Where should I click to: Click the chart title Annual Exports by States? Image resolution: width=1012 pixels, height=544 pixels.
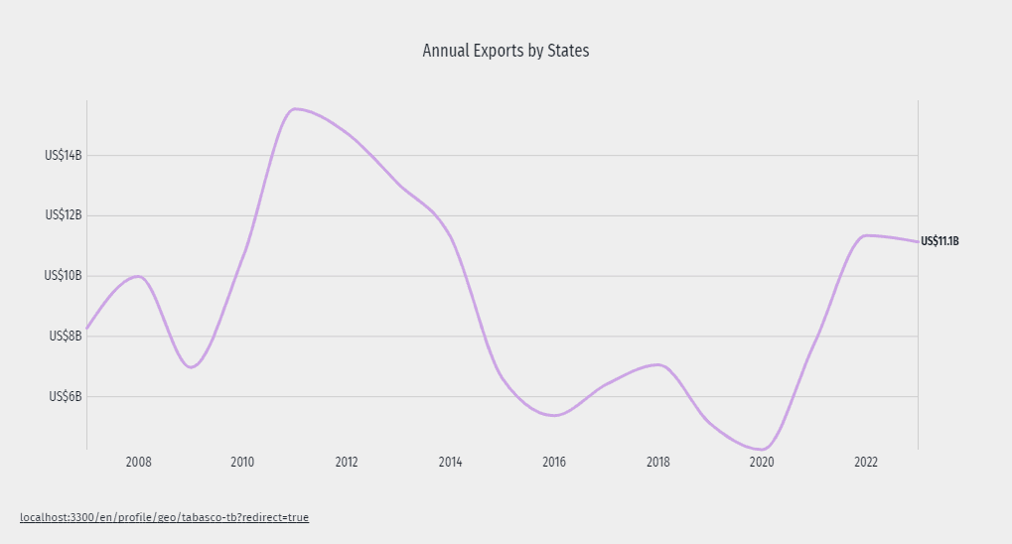pos(506,51)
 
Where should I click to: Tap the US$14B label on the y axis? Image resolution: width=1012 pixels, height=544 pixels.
pos(64,155)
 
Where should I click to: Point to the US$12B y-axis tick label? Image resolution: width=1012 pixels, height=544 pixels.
pos(64,215)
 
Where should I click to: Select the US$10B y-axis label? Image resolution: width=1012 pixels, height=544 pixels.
pos(64,276)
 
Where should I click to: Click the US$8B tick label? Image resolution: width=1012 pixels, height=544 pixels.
pos(66,337)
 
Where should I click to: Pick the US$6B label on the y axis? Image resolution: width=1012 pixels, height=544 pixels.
pos(66,397)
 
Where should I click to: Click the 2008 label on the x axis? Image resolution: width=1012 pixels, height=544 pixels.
pos(139,463)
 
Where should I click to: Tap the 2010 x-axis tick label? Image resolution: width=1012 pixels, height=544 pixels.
pos(242,463)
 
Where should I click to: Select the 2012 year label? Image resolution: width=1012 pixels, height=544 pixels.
pos(347,463)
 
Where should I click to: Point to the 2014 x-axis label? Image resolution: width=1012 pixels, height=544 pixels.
pos(450,463)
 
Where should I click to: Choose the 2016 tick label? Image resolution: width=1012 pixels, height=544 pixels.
pos(554,463)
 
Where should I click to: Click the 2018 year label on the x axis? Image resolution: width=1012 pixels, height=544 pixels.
pos(658,463)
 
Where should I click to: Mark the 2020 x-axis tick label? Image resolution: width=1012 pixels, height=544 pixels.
pos(762,463)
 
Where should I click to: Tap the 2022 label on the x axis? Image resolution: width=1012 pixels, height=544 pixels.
pos(866,463)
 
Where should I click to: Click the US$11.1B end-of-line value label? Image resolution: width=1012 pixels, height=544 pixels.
pos(940,241)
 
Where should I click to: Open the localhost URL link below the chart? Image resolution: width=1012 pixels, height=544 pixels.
pos(164,518)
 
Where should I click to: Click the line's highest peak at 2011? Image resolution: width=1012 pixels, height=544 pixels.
pos(295,108)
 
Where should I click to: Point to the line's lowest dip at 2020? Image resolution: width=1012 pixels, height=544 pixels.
pos(762,450)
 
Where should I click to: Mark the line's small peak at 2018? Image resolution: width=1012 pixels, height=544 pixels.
pos(657,364)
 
